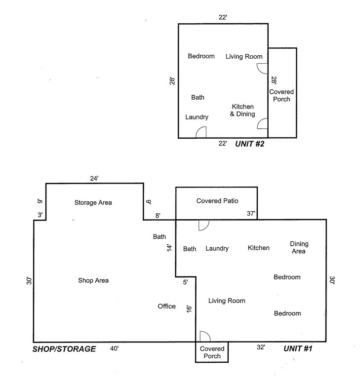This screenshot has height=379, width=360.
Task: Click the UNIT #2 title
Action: pyautogui.click(x=249, y=144)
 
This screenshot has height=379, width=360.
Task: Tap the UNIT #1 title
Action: pyautogui.click(x=298, y=348)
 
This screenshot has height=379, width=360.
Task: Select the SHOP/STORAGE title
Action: pyautogui.click(x=64, y=349)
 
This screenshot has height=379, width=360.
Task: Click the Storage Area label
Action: pyautogui.click(x=93, y=202)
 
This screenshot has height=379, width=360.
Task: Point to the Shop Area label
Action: pyautogui.click(x=93, y=280)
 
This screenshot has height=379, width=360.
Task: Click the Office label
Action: pyautogui.click(x=167, y=306)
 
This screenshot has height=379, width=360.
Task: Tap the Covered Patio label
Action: pyautogui.click(x=217, y=201)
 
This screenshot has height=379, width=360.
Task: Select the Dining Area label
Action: pyautogui.click(x=299, y=248)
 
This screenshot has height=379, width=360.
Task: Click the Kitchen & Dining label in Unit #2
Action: pyautogui.click(x=242, y=110)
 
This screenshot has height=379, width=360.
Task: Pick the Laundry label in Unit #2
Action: pyautogui.click(x=197, y=117)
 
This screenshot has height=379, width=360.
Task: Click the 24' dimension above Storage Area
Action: pyautogui.click(x=94, y=178)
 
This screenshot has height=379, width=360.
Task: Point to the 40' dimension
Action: pyautogui.click(x=114, y=348)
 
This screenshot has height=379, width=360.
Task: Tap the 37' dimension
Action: pyautogui.click(x=251, y=213)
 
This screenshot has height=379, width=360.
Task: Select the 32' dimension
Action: pyautogui.click(x=261, y=347)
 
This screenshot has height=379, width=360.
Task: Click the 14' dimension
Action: pyautogui.click(x=169, y=248)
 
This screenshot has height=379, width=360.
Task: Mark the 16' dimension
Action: pyautogui.click(x=189, y=309)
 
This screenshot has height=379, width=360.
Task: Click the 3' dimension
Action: pyautogui.click(x=40, y=215)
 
